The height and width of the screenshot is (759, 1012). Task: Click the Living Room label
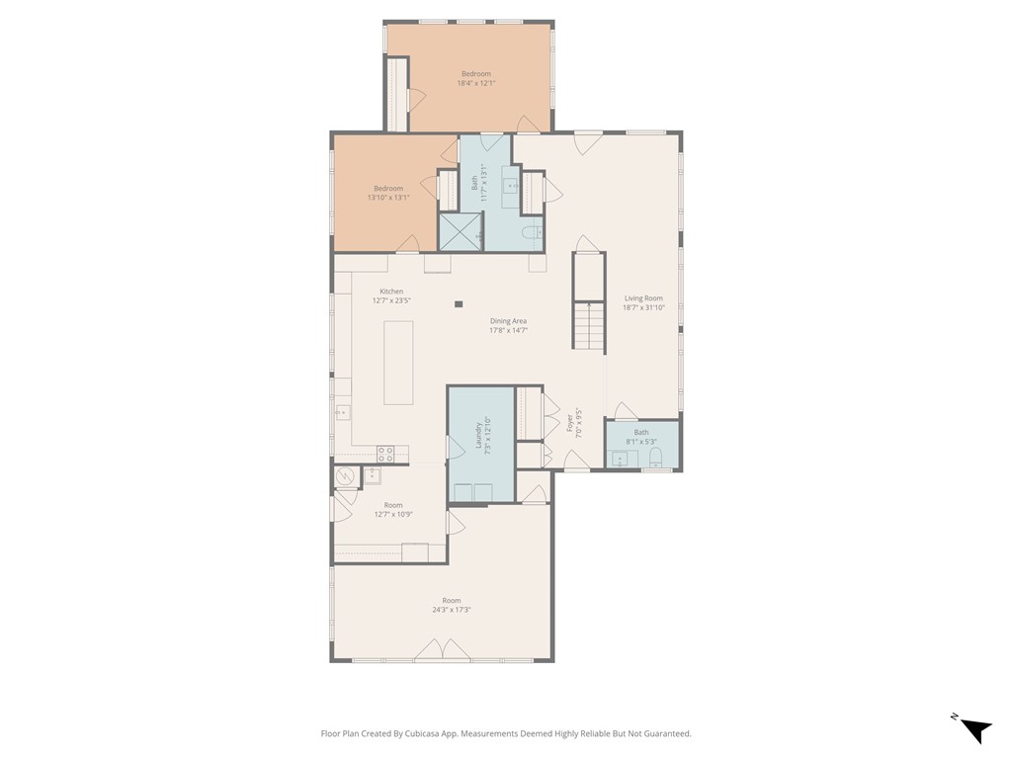pos(642,302)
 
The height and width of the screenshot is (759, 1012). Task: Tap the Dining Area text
pos(508,325)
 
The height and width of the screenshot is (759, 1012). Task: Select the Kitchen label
pos(391,295)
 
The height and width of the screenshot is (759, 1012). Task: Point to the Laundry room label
pos(482,434)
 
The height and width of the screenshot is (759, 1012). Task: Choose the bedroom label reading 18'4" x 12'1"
pos(475,79)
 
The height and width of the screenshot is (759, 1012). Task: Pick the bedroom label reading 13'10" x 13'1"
pos(388,193)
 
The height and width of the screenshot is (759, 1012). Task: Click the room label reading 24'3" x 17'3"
pos(451,605)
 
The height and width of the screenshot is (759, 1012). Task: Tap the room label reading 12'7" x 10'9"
pos(393,509)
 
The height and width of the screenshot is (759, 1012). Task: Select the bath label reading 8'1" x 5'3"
pos(641,436)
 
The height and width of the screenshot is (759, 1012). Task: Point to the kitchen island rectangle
pos(398,362)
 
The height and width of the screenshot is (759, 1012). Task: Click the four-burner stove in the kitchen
pos(385,454)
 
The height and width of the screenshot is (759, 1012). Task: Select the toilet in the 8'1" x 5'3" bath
pos(655,458)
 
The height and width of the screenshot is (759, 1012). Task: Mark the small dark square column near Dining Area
pos(459,304)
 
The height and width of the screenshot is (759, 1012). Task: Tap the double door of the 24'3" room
pos(442,649)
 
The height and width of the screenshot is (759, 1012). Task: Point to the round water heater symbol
pos(346,476)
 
